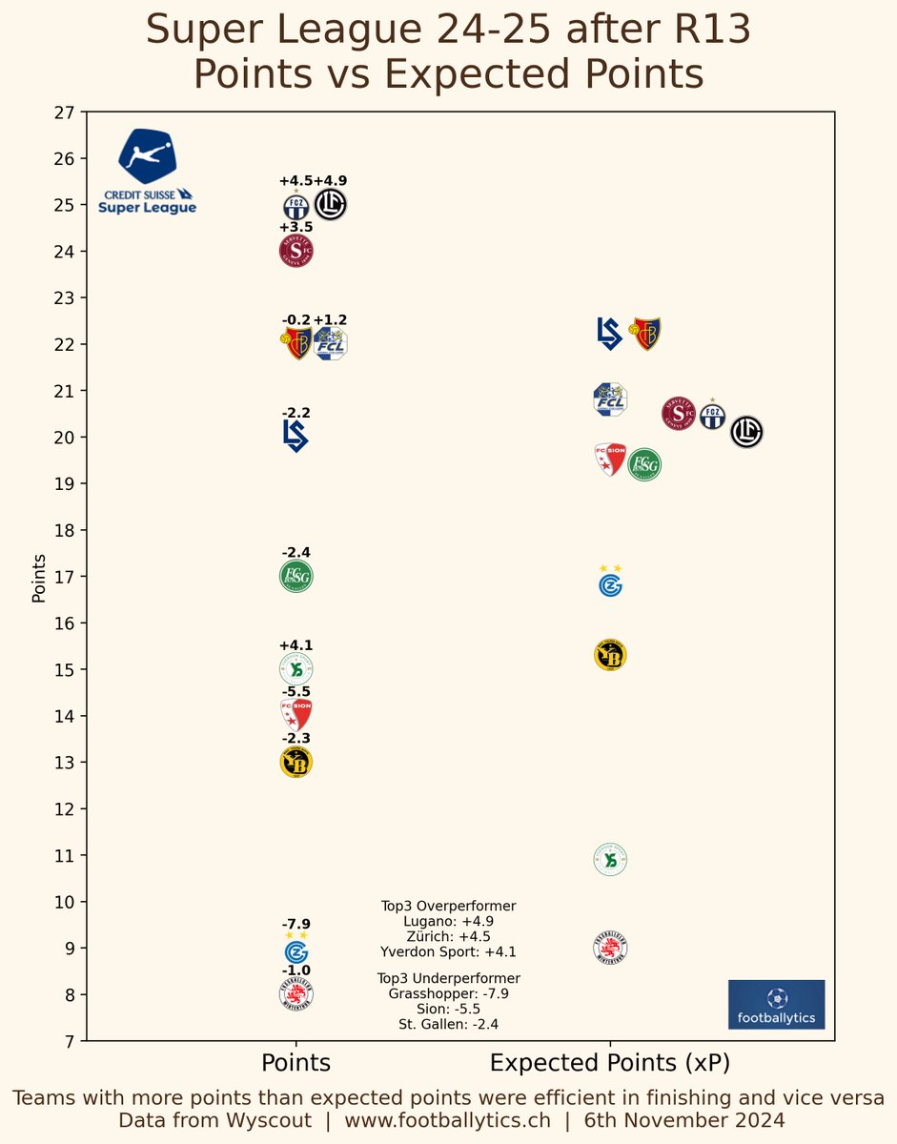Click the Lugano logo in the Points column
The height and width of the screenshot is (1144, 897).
click(330, 204)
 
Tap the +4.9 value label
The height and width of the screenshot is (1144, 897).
click(330, 181)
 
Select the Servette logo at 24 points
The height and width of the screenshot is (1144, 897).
click(296, 252)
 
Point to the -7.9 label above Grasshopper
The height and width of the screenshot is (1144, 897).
click(296, 924)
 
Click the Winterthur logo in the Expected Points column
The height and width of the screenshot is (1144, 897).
click(610, 950)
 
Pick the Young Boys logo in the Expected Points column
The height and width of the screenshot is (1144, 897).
click(610, 656)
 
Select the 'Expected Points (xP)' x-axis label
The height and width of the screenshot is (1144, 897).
click(610, 1063)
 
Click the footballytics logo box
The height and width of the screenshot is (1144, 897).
click(776, 1005)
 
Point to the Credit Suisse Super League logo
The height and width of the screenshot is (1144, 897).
click(147, 172)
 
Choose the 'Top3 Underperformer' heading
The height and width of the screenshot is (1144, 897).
click(449, 979)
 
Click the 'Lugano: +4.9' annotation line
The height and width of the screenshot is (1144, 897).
click(449, 922)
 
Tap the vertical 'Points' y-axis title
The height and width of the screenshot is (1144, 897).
click(39, 577)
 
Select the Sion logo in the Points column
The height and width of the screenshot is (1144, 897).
click(296, 715)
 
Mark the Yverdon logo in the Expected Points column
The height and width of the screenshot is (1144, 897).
click(610, 860)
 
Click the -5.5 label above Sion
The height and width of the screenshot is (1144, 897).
click(296, 692)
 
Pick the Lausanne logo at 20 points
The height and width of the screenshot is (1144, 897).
click(296, 436)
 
